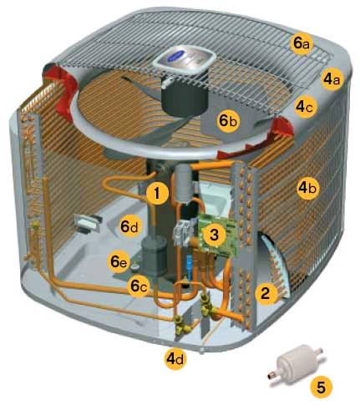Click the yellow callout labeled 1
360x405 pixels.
(x=158, y=193)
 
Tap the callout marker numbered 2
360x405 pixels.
(x=266, y=294)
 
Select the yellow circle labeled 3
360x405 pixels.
(x=214, y=235)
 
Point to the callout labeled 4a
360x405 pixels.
(x=332, y=79)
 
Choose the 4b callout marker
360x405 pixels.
(x=307, y=189)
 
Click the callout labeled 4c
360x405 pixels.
(x=306, y=107)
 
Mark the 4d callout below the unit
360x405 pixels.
(x=175, y=359)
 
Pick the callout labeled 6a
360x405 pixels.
(x=302, y=44)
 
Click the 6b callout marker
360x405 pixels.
(x=228, y=121)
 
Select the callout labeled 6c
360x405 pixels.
(x=139, y=286)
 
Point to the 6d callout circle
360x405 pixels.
(x=129, y=227)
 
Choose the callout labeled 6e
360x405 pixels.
(x=119, y=262)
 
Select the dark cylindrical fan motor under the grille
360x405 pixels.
(x=185, y=95)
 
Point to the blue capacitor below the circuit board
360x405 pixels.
(x=190, y=262)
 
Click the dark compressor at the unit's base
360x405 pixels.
(x=154, y=255)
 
